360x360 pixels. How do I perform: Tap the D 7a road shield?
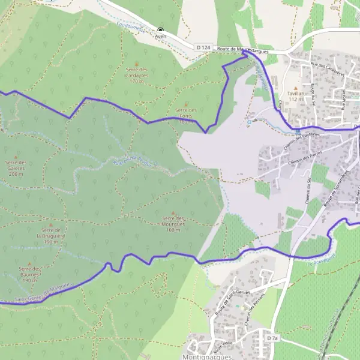[273, 338]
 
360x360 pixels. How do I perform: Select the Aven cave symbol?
[160, 29]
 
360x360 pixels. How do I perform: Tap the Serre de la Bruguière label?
[51, 236]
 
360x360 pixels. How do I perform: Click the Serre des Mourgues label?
[173, 224]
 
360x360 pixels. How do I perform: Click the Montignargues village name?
[205, 355]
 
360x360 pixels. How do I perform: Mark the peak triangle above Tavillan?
[296, 85]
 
